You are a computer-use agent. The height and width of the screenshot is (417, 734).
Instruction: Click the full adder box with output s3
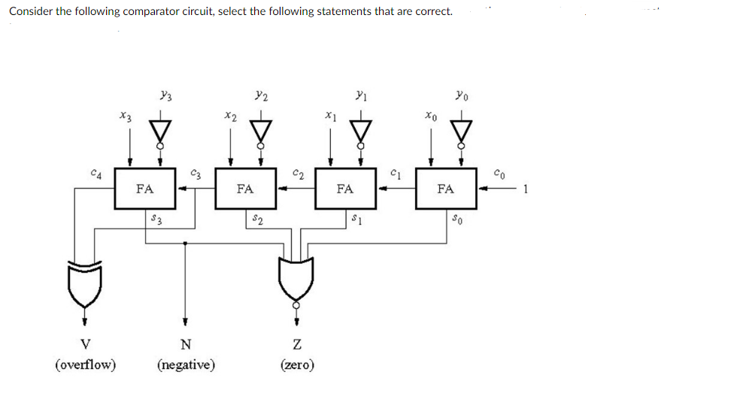145,189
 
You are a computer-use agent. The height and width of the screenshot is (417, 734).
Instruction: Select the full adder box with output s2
244,189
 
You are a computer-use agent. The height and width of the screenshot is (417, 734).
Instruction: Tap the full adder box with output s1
344,189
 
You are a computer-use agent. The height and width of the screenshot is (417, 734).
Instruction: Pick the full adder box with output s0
445,189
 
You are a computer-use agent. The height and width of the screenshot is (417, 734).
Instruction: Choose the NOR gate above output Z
296,280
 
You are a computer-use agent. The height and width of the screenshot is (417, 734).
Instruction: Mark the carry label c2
297,174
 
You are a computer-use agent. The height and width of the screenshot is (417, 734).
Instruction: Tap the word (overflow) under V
85,365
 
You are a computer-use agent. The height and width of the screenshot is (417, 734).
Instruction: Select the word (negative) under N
186,365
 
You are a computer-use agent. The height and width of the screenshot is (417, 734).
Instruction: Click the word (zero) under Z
297,365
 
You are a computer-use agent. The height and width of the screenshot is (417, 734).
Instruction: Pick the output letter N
185,345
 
